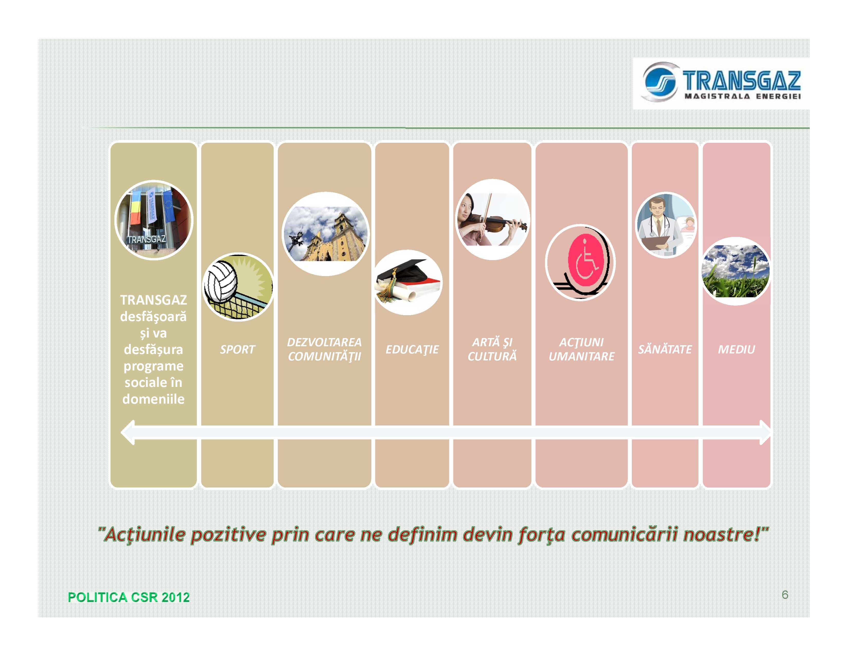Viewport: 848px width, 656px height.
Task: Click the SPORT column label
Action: pyautogui.click(x=237, y=349)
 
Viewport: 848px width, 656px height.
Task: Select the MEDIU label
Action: pyautogui.click(x=736, y=349)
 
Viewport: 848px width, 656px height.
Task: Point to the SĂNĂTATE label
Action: pyautogui.click(x=665, y=349)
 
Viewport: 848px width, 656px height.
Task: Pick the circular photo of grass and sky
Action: pyautogui.click(x=736, y=271)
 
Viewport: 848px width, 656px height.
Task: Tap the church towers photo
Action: pyautogui.click(x=325, y=234)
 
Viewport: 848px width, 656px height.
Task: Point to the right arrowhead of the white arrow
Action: pyautogui.click(x=765, y=432)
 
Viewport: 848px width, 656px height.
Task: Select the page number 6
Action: pyautogui.click(x=785, y=595)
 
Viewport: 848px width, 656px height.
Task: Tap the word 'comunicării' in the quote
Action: pyautogui.click(x=624, y=534)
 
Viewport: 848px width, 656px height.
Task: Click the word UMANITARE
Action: pyautogui.click(x=581, y=356)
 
